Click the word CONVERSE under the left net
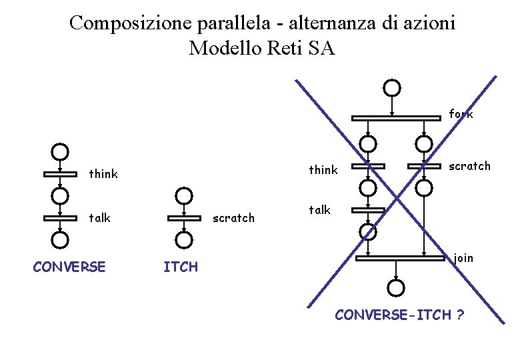pos(69,267)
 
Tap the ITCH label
pos(181,267)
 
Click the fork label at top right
pos(461,114)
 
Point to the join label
pos(463,257)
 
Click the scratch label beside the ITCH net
pos(233,218)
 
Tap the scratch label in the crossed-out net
pos(469,166)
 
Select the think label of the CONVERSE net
pos(103,175)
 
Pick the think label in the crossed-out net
pos(323,170)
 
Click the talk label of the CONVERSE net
pos(99,218)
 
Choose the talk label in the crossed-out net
pos(319,210)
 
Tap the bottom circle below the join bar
pos(396,287)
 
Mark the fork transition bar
pos(396,118)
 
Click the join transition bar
pos(399,258)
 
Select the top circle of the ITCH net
pos(184,195)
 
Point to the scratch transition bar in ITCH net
pos(184,218)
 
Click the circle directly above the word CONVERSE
pos(61,239)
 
